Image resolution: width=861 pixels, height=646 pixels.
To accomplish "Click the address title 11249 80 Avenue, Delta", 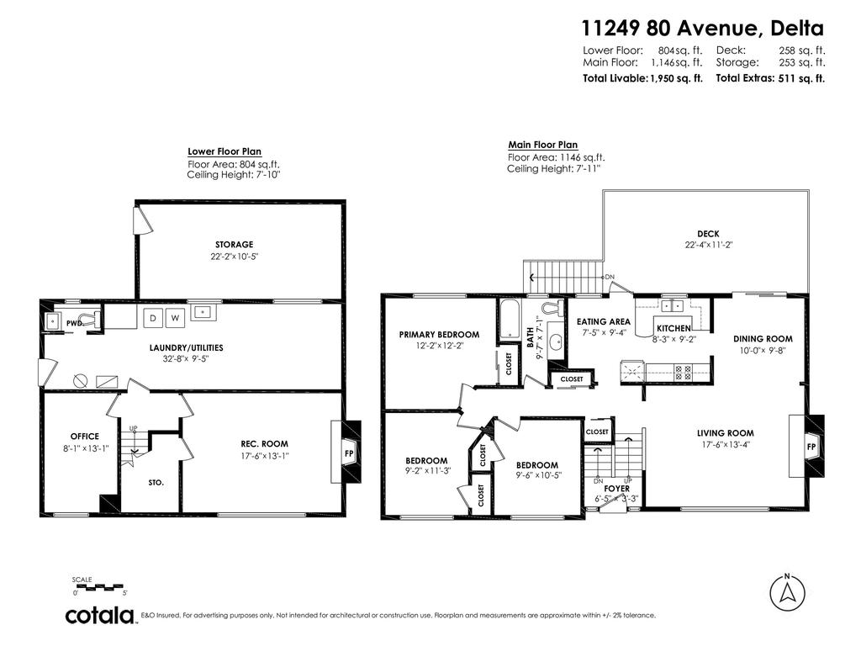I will pos(703,29).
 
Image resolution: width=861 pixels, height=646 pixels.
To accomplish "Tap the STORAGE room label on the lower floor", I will pos(234,245).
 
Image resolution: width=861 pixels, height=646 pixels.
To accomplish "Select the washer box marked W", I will pos(175,318).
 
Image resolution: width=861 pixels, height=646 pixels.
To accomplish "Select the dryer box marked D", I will pos(153,318).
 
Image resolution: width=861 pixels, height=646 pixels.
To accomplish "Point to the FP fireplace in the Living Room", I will pos(811,446).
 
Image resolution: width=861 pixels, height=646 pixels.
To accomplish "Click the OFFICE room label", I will pos(84,437).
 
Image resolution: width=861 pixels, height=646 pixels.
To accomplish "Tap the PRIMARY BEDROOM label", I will pos(439,334).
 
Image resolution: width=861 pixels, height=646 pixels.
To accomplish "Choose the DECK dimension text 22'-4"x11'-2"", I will pos(707,246).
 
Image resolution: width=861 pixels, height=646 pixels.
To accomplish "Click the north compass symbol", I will pos(787,592).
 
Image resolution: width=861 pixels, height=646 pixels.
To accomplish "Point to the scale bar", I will pos(98,585).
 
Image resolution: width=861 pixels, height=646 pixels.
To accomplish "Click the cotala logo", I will pos(101,615).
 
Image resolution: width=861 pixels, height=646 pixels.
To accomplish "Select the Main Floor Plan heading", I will pos(542,145).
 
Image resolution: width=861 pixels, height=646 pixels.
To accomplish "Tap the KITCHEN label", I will pos(673,328).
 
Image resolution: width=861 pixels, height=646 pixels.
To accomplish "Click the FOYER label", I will pos(616,488).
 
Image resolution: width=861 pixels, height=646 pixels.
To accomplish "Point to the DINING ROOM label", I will pos(763,339).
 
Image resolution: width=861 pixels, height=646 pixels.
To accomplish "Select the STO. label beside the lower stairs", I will pos(156,483).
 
